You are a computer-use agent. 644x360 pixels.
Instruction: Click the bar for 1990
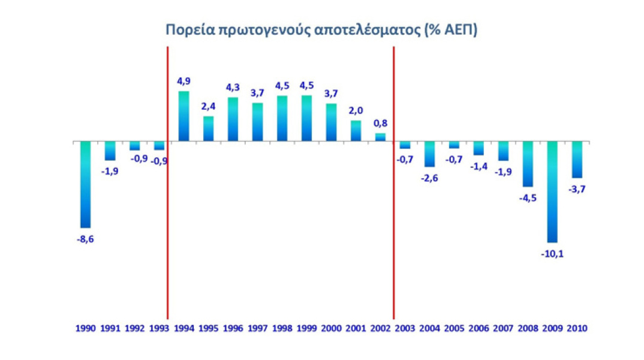pos(85,184)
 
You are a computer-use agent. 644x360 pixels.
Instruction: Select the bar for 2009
pos(552,191)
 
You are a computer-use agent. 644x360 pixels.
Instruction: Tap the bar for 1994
pos(183,116)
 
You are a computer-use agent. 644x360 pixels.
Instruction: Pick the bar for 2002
pos(380,137)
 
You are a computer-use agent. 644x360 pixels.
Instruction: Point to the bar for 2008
pos(527,164)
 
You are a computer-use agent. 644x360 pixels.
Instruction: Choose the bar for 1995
pos(208,128)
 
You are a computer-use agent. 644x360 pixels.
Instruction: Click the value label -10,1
pos(552,253)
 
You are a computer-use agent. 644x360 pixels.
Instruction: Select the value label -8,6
pos(85,239)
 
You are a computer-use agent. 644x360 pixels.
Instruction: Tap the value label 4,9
pos(183,81)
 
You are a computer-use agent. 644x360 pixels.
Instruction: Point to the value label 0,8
pos(380,123)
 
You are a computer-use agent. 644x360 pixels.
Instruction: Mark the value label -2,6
pos(429,178)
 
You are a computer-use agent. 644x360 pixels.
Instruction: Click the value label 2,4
pos(208,106)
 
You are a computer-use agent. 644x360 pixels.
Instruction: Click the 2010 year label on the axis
pos(576,328)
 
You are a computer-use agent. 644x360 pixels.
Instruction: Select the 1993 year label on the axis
pos(159,328)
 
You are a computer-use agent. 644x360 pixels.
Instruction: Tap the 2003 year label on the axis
pos(405,328)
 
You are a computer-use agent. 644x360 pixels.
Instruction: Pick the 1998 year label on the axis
pos(282,328)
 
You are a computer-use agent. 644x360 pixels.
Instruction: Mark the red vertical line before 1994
pos(167,180)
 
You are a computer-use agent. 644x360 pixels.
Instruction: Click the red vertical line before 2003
pos(393,180)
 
